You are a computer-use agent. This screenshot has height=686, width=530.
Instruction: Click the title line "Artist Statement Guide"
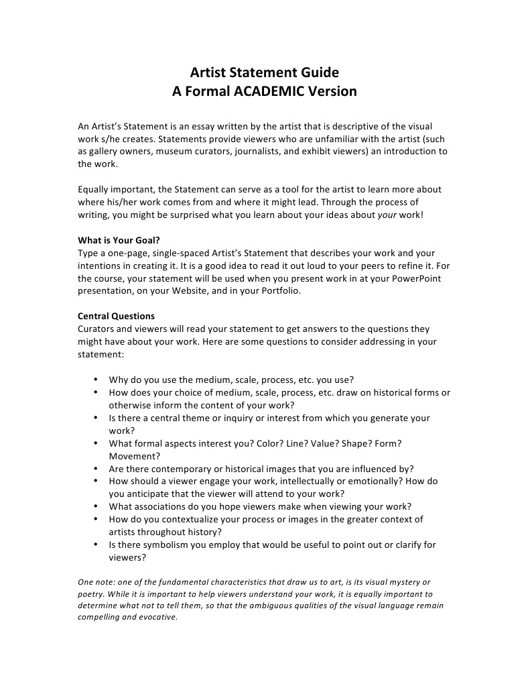point(264,72)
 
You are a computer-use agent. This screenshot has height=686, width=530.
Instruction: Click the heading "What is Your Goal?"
point(119,241)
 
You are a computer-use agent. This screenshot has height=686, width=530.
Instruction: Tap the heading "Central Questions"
point(116,317)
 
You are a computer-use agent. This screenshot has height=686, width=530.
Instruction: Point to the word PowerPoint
point(416,278)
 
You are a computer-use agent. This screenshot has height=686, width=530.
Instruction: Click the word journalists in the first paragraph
point(266,151)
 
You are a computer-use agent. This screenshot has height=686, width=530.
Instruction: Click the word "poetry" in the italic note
point(92,593)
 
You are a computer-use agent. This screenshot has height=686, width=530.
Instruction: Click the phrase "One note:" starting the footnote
point(97,581)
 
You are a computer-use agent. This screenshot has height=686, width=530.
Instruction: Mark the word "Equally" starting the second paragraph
point(96,190)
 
